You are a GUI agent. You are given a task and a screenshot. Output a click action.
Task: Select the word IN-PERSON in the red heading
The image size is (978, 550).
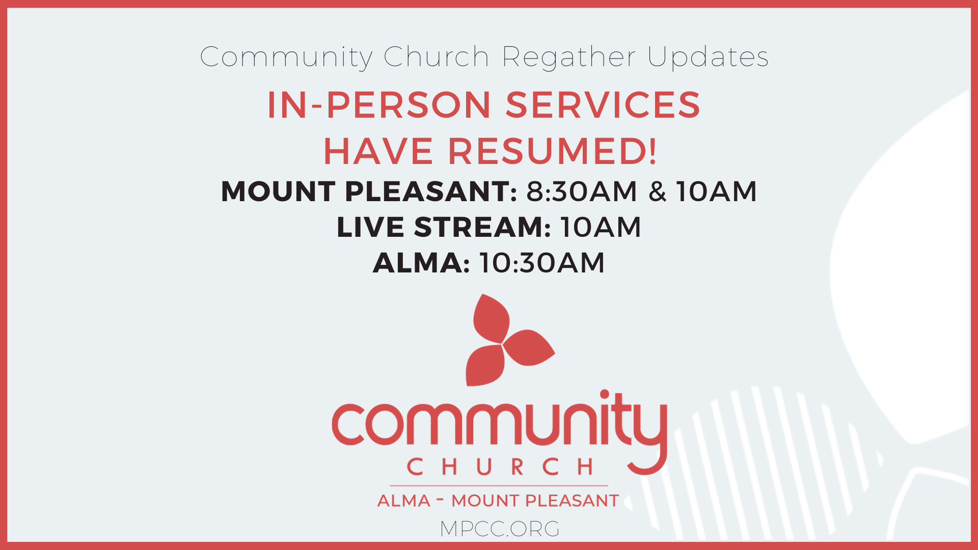point(379,105)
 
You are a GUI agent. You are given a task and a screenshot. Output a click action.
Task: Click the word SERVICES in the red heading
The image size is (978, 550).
point(603,105)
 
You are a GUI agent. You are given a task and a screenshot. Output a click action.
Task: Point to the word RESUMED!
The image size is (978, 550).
point(553,151)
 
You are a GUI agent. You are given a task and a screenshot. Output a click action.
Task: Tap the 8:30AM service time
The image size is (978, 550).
point(582,191)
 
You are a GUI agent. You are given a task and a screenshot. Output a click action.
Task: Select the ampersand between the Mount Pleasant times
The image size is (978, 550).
point(657,191)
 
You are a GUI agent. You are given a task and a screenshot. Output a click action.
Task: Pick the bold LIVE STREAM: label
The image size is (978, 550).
point(444,227)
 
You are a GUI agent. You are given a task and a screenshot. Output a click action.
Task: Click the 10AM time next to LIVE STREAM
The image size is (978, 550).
point(601,227)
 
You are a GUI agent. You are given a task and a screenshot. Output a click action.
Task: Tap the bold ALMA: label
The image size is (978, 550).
point(421,263)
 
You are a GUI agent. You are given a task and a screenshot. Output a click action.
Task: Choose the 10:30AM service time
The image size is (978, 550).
point(542,263)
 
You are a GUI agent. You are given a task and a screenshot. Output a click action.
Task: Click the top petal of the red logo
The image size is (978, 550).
point(491,319)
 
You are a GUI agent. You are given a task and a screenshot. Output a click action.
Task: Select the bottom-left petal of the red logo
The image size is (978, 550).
point(484,365)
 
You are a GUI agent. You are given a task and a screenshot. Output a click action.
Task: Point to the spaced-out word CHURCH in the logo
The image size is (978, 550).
point(500,466)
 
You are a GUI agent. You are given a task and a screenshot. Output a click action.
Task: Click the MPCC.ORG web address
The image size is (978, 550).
point(500,529)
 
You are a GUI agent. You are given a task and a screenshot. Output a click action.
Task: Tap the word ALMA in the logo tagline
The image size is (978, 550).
point(404,501)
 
